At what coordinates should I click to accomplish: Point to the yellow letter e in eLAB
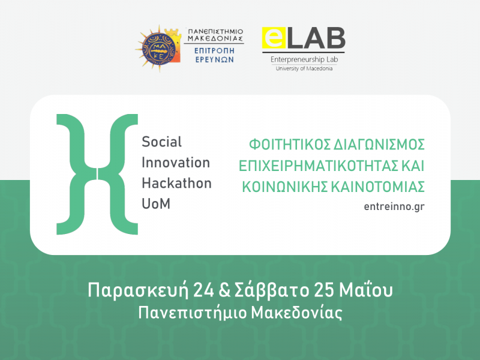tap(274, 39)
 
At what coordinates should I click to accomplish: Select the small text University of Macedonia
tap(304, 68)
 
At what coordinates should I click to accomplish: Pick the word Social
tap(161, 142)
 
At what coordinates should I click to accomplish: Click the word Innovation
tap(176, 163)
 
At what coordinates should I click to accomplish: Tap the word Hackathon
tap(176, 183)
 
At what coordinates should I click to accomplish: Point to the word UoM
tap(156, 203)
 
